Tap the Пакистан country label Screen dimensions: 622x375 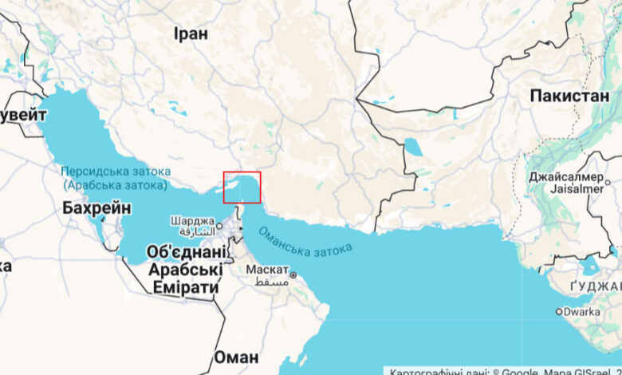(x=569, y=96)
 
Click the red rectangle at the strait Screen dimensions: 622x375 (x=242, y=187)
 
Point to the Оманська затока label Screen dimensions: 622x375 (x=302, y=242)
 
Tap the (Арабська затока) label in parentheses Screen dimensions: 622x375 (x=115, y=185)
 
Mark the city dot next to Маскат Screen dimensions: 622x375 (x=293, y=275)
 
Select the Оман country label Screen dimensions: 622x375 (x=236, y=357)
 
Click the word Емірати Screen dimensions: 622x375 (x=184, y=287)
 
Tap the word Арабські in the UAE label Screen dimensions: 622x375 (x=184, y=270)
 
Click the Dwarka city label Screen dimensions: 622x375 (x=581, y=311)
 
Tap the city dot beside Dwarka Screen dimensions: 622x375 (x=558, y=312)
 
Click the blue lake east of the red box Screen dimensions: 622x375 (x=413, y=147)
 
